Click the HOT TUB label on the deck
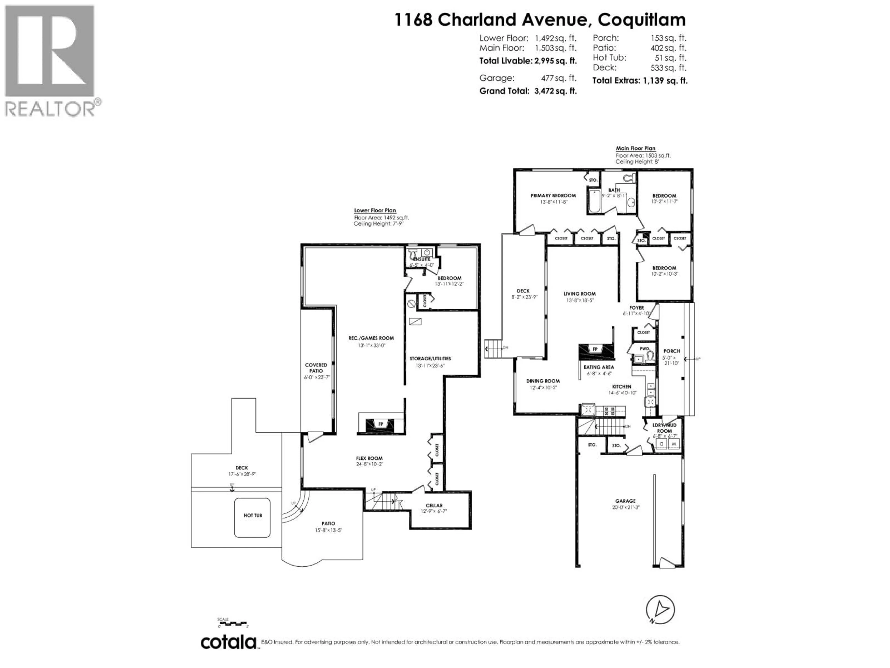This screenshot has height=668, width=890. pyautogui.click(x=253, y=515)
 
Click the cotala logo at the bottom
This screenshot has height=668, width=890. pyautogui.click(x=229, y=642)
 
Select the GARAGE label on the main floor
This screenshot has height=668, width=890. pyautogui.click(x=625, y=501)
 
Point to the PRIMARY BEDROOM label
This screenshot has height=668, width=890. pyautogui.click(x=553, y=196)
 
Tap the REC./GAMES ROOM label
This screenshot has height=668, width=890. pyautogui.click(x=371, y=338)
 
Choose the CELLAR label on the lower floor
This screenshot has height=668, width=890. pyautogui.click(x=434, y=505)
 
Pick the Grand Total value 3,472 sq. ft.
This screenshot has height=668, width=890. pyautogui.click(x=556, y=91)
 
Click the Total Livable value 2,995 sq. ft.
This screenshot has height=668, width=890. pyautogui.click(x=556, y=61)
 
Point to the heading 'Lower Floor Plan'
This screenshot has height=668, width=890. pyautogui.click(x=375, y=211)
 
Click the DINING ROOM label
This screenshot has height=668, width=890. pyautogui.click(x=543, y=381)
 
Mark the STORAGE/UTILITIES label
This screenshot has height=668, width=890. pyautogui.click(x=430, y=358)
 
